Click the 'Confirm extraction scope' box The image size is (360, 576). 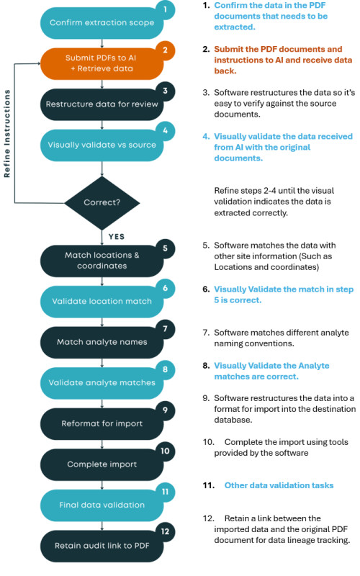point(102,23)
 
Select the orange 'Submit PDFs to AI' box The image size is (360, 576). point(102,63)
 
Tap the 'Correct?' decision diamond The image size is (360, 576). point(102,203)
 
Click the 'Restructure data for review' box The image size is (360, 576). point(102,104)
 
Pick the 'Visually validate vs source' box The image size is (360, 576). point(102,145)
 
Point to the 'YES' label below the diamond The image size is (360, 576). point(117,237)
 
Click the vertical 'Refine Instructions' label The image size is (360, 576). point(7,134)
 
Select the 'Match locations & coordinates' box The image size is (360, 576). point(102,261)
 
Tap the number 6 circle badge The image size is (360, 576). point(166,288)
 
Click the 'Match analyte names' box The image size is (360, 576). point(102,343)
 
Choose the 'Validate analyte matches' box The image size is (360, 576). point(102,383)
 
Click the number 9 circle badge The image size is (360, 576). point(166,410)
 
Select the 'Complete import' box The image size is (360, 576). point(102,464)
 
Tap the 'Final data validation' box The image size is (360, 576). point(102,505)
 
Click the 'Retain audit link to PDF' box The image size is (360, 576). point(102,546)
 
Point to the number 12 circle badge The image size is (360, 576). point(166,531)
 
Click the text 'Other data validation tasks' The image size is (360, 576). point(279,485)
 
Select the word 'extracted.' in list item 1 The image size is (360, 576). point(235,27)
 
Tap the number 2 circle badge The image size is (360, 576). point(166,50)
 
